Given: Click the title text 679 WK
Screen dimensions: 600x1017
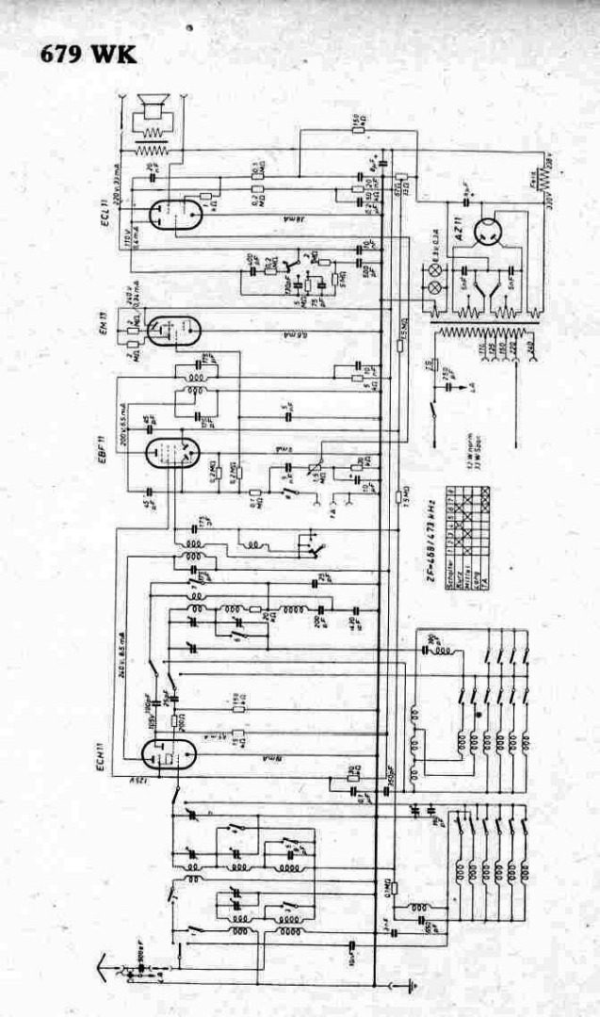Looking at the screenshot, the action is click(89, 54).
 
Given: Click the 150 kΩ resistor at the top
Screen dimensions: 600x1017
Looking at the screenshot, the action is click(358, 124).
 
